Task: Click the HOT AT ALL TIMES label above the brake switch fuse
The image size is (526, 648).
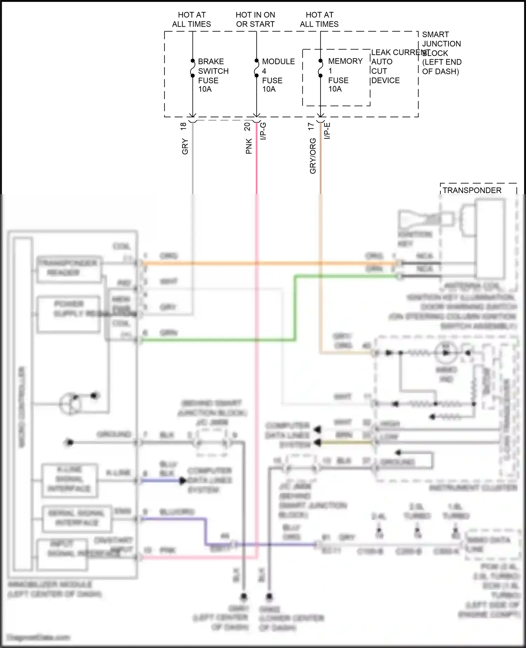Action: [191, 19]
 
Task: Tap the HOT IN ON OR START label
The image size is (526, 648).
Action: [255, 19]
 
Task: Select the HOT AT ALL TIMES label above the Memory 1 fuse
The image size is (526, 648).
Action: [319, 19]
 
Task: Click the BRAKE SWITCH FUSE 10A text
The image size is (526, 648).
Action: [213, 75]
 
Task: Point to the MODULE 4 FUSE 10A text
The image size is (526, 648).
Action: [278, 75]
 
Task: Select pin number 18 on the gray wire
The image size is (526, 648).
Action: [183, 126]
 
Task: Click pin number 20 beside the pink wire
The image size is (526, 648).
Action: [247, 126]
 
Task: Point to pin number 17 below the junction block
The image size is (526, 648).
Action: [311, 126]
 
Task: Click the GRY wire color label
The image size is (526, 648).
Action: [185, 147]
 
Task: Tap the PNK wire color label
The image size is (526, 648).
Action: [249, 146]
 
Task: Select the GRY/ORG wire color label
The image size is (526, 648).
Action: [313, 156]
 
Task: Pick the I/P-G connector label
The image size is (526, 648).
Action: [263, 131]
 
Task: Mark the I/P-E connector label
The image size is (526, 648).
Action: [327, 131]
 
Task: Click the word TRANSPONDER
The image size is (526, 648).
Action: [472, 190]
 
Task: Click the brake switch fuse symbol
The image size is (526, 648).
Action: [193, 68]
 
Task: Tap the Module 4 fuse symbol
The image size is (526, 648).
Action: [256, 68]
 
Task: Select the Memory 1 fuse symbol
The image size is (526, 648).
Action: [320, 68]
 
